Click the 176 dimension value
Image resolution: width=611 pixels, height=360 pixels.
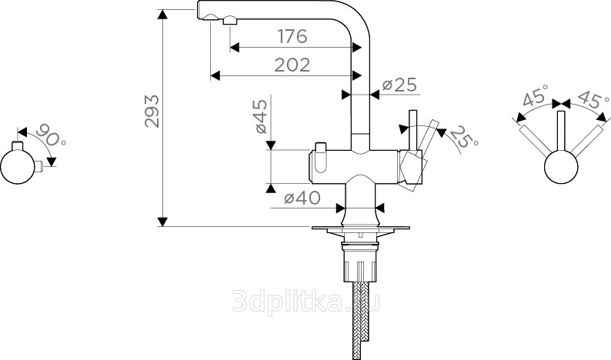pyautogui.click(x=292, y=36)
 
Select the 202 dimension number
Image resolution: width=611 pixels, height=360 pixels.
pyautogui.click(x=292, y=65)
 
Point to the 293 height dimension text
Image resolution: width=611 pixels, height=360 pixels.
pyautogui.click(x=152, y=111)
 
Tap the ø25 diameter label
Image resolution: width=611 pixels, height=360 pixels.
pyautogui.click(x=399, y=85)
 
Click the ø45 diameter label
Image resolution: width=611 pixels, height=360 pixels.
pyautogui.click(x=262, y=116)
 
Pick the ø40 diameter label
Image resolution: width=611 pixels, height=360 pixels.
pyautogui.click(x=302, y=198)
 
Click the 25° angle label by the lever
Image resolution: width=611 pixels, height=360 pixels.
pyautogui.click(x=463, y=138)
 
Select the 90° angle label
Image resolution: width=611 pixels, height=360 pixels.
pyautogui.click(x=51, y=135)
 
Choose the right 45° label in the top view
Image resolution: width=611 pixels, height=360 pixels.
pyautogui.click(x=593, y=99)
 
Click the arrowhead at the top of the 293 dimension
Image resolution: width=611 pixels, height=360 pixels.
pyautogui.click(x=162, y=14)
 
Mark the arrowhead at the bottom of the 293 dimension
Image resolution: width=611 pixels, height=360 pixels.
pyautogui.click(x=162, y=222)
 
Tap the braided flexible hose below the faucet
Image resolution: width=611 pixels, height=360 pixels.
pyautogui.click(x=360, y=320)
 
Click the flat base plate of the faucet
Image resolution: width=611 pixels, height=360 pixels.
pyautogui.click(x=360, y=228)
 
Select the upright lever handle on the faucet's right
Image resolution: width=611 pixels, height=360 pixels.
pyautogui.click(x=412, y=131)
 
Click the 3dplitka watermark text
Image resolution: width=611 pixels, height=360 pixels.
pyautogui.click(x=306, y=302)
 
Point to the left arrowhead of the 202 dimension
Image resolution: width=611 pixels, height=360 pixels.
pyautogui.click(x=215, y=75)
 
